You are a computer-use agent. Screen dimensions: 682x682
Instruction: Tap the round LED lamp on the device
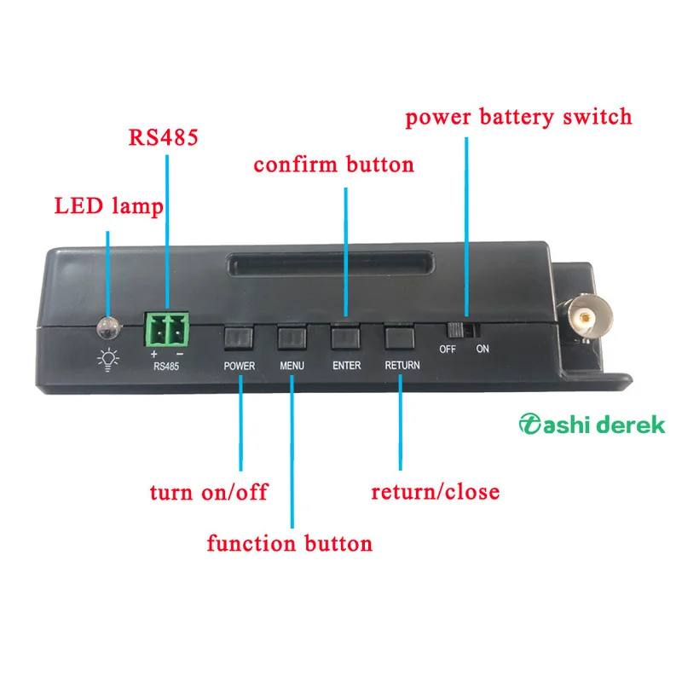click(x=107, y=327)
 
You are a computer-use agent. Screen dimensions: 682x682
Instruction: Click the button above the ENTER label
click(x=346, y=338)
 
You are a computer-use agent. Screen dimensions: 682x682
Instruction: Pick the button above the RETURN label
click(x=400, y=338)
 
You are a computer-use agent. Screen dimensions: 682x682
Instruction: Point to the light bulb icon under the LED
click(x=107, y=360)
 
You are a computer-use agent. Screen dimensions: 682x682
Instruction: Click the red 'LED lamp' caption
click(x=107, y=206)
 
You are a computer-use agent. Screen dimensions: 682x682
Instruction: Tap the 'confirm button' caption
click(x=333, y=164)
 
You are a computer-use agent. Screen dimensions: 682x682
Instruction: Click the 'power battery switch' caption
click(x=518, y=117)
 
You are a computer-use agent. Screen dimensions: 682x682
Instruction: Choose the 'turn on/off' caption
click(x=209, y=493)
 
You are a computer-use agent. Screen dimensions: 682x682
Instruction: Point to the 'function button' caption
click(x=290, y=543)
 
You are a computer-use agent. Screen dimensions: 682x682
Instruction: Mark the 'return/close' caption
click(x=435, y=492)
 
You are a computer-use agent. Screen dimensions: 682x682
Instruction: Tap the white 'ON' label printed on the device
click(x=483, y=350)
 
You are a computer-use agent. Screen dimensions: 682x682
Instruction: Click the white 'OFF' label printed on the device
click(x=448, y=350)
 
